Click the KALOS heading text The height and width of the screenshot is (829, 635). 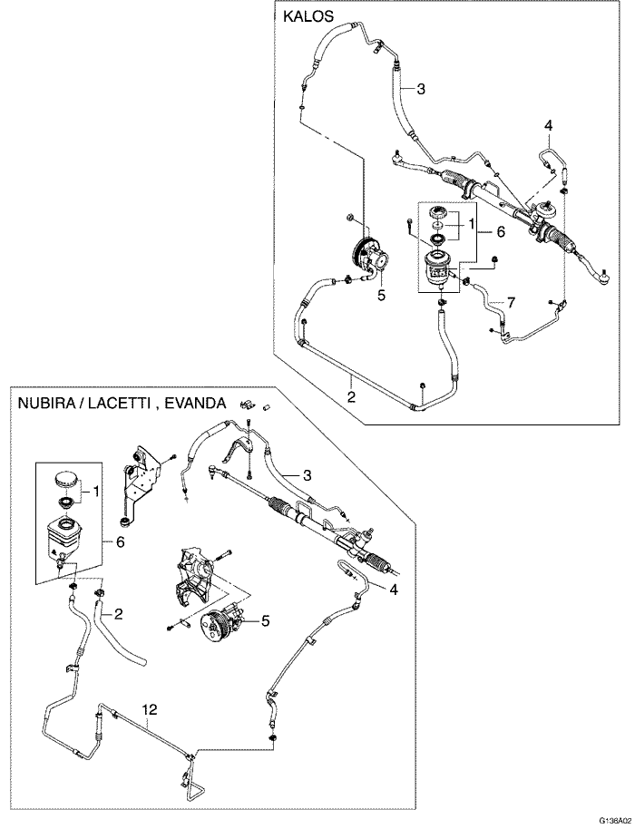coord(308,16)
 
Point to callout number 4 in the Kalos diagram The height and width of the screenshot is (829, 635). coord(548,124)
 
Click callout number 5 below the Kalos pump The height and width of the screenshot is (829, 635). coord(382,295)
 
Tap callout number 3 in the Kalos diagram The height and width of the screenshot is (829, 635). coord(421,89)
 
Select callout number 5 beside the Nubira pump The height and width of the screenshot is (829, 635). coord(265,620)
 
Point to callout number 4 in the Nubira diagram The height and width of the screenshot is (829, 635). coord(393,589)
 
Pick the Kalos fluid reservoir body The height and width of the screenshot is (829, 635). coord(439,268)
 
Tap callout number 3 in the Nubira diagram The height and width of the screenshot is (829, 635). coord(308,474)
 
